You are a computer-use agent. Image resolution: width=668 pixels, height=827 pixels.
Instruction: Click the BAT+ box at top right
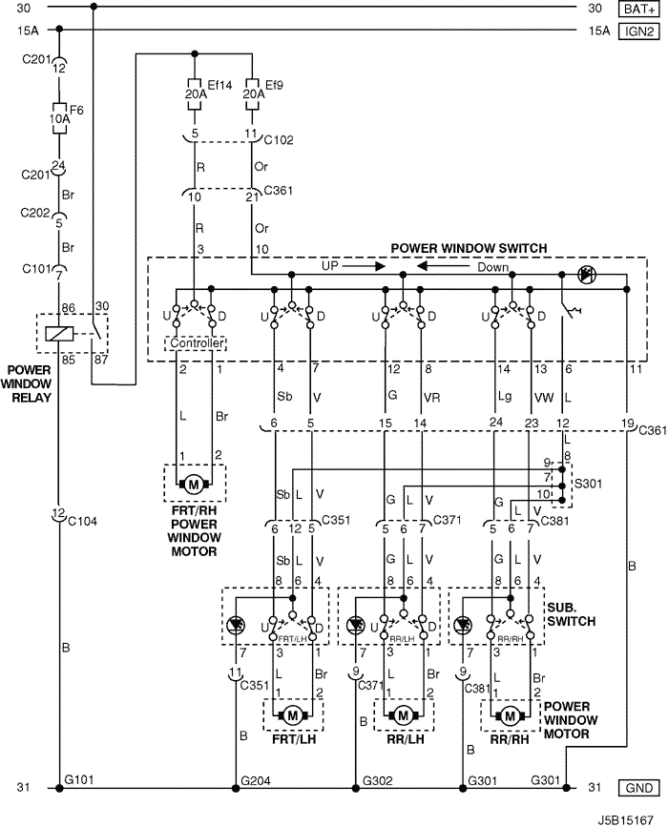pos(638,9)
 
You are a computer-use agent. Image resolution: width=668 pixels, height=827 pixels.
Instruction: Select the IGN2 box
pos(638,31)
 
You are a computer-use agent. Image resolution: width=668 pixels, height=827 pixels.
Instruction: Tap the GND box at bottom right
pos(638,788)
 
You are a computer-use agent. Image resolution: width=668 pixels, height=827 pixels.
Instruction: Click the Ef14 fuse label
pos(219,85)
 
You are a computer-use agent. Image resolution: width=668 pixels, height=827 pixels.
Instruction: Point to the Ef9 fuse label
pos(275,85)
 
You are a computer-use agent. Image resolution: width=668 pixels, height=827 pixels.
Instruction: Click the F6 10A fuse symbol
pos(59,118)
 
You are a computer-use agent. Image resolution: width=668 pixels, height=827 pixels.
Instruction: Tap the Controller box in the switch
pos(197,343)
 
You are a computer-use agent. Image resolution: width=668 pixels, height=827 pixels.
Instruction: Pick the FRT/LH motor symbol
pos(293,715)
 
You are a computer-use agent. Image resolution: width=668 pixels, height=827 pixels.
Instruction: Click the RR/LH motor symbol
pos(404,715)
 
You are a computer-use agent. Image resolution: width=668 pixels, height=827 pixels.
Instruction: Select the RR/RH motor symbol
pos(510,715)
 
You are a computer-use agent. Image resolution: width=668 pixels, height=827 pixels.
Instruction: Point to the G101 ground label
pos(79,779)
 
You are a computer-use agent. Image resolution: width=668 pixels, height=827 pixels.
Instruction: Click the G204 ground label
pos(256,780)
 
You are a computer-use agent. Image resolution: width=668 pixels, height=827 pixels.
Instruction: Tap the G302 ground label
pos(377,780)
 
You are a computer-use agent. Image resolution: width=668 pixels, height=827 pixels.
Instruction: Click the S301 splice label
pos(588,484)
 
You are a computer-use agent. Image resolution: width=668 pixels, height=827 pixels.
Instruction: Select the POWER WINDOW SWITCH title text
pos(469,248)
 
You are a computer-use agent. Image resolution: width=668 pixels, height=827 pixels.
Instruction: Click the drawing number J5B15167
pos(625,820)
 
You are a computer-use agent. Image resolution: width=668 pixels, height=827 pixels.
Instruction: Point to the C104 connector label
pos(83,521)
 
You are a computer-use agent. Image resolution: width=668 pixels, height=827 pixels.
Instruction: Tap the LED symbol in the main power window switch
pos(585,275)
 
